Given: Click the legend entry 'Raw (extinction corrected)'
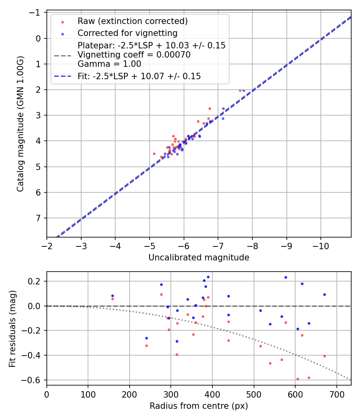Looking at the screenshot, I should pyautogui.click(x=132, y=21).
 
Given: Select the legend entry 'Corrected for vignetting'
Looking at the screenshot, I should pyautogui.click(x=127, y=33).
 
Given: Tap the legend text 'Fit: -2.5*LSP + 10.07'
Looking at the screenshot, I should pyautogui.click(x=139, y=76).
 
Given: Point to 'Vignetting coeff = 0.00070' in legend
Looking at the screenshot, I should pyautogui.click(x=134, y=55).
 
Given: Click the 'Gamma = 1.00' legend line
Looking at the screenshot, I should pyautogui.click(x=109, y=64).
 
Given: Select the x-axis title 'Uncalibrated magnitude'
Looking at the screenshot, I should pyautogui.click(x=199, y=258).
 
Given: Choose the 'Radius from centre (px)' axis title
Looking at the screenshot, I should pyautogui.click(x=199, y=406).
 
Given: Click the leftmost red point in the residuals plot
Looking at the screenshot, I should pyautogui.click(x=112, y=299).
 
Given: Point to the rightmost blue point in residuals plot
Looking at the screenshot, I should pyautogui.click(x=324, y=294).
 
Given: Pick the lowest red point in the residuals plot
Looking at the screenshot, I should pyautogui.click(x=298, y=379).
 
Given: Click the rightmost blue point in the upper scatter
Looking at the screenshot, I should pyautogui.click(x=244, y=90).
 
